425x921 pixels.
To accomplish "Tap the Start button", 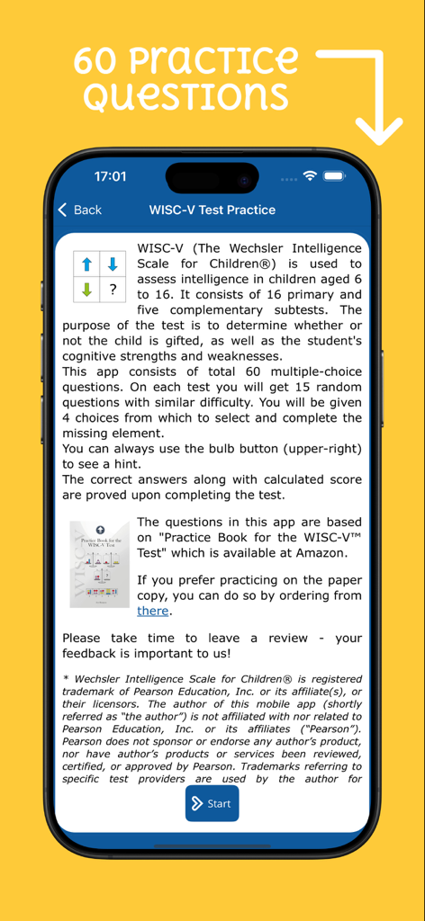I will (212, 803).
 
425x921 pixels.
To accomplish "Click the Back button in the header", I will (79, 210).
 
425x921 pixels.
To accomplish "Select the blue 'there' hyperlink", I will (152, 611).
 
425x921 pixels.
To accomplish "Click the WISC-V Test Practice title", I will (212, 210).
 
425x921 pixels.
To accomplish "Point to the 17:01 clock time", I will (110, 176).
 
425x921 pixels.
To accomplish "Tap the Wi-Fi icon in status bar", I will (311, 175).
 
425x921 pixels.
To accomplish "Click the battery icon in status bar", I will (335, 175).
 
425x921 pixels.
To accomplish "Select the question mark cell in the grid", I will (113, 289).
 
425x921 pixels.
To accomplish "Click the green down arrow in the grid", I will (86, 289).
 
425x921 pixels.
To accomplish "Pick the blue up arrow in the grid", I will (86, 264).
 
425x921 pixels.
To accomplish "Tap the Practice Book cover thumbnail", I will (99, 564).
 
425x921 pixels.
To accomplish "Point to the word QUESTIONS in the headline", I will (185, 95).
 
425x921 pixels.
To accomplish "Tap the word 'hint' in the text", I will (126, 464).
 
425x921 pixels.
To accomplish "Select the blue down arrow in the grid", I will (113, 264).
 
